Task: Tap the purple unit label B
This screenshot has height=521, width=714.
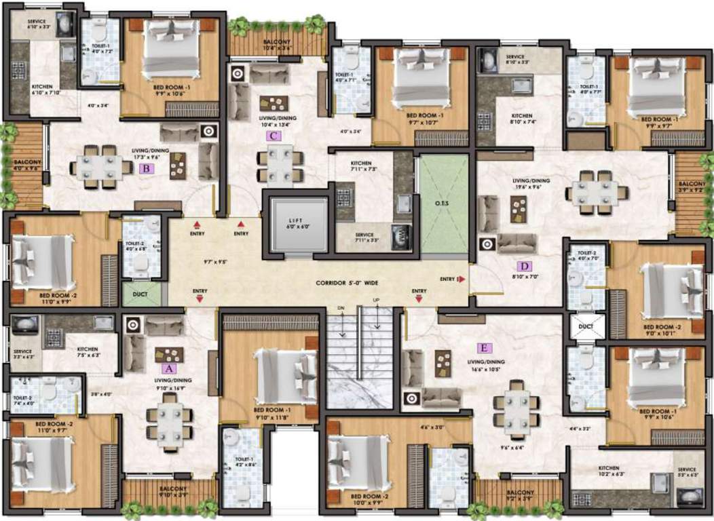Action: point(144,169)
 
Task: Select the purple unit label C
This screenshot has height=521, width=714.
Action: point(272,136)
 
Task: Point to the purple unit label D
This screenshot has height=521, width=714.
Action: point(523,266)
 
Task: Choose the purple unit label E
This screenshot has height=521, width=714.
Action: point(483,349)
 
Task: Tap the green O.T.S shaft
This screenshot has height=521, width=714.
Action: point(443,204)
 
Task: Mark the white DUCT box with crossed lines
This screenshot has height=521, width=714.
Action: point(586,326)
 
